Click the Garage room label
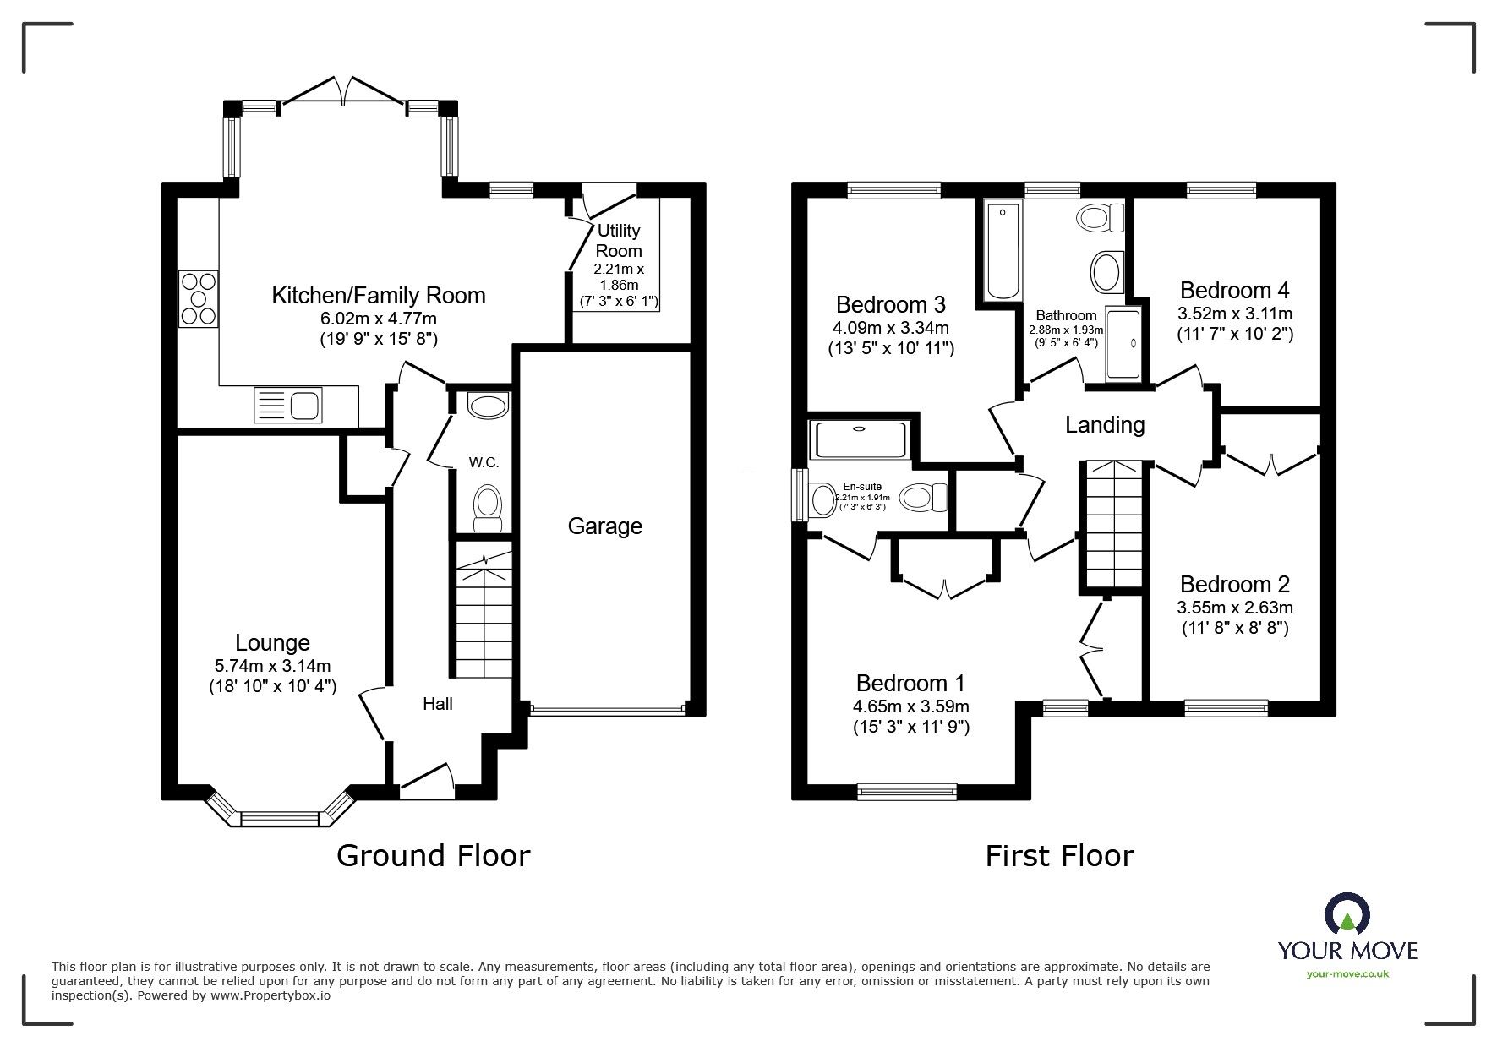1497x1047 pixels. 604,526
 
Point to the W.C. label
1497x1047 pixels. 484,462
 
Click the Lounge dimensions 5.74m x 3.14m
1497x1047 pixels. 272,666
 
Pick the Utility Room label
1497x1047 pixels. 619,241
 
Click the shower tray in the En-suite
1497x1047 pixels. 858,439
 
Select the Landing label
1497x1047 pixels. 1105,424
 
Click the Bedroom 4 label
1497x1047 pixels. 1235,291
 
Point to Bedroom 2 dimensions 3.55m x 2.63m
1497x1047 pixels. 1235,608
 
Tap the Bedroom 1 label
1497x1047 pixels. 910,683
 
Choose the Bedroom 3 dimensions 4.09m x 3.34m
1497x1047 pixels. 891,328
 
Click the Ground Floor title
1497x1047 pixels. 433,856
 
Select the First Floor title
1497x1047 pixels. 1059,856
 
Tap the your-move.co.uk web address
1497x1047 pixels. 1347,973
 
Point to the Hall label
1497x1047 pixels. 438,704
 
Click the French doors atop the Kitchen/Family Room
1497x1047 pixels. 342,91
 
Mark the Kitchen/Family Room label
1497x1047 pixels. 379,296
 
